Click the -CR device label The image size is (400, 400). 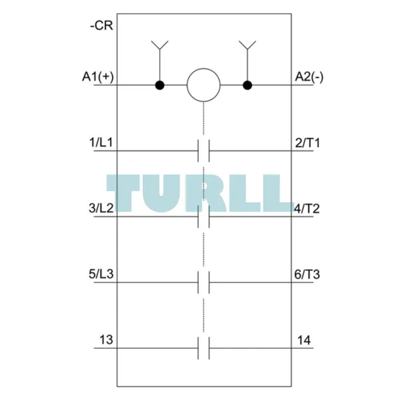(102, 26)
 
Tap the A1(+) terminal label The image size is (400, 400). (98, 77)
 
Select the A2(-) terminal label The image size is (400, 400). (309, 77)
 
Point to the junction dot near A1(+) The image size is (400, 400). (160, 85)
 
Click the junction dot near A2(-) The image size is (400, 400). (247, 85)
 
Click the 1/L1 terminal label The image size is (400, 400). (101, 142)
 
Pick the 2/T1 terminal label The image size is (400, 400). (307, 143)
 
